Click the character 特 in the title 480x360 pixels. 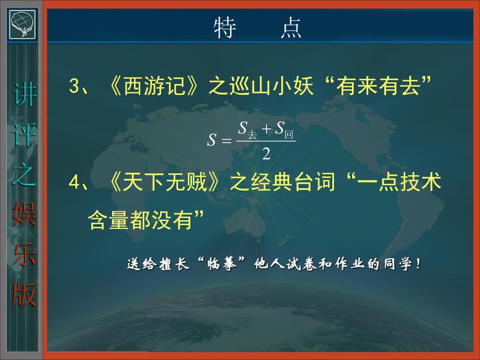pyautogui.click(x=226, y=29)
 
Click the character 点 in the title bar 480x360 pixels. pyautogui.click(x=290, y=29)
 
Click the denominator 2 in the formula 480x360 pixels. pyautogui.click(x=266, y=153)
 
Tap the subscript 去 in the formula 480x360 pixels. pyautogui.click(x=253, y=135)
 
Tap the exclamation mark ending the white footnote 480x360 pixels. pyautogui.click(x=418, y=264)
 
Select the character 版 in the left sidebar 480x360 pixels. pyautogui.click(x=25, y=295)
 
